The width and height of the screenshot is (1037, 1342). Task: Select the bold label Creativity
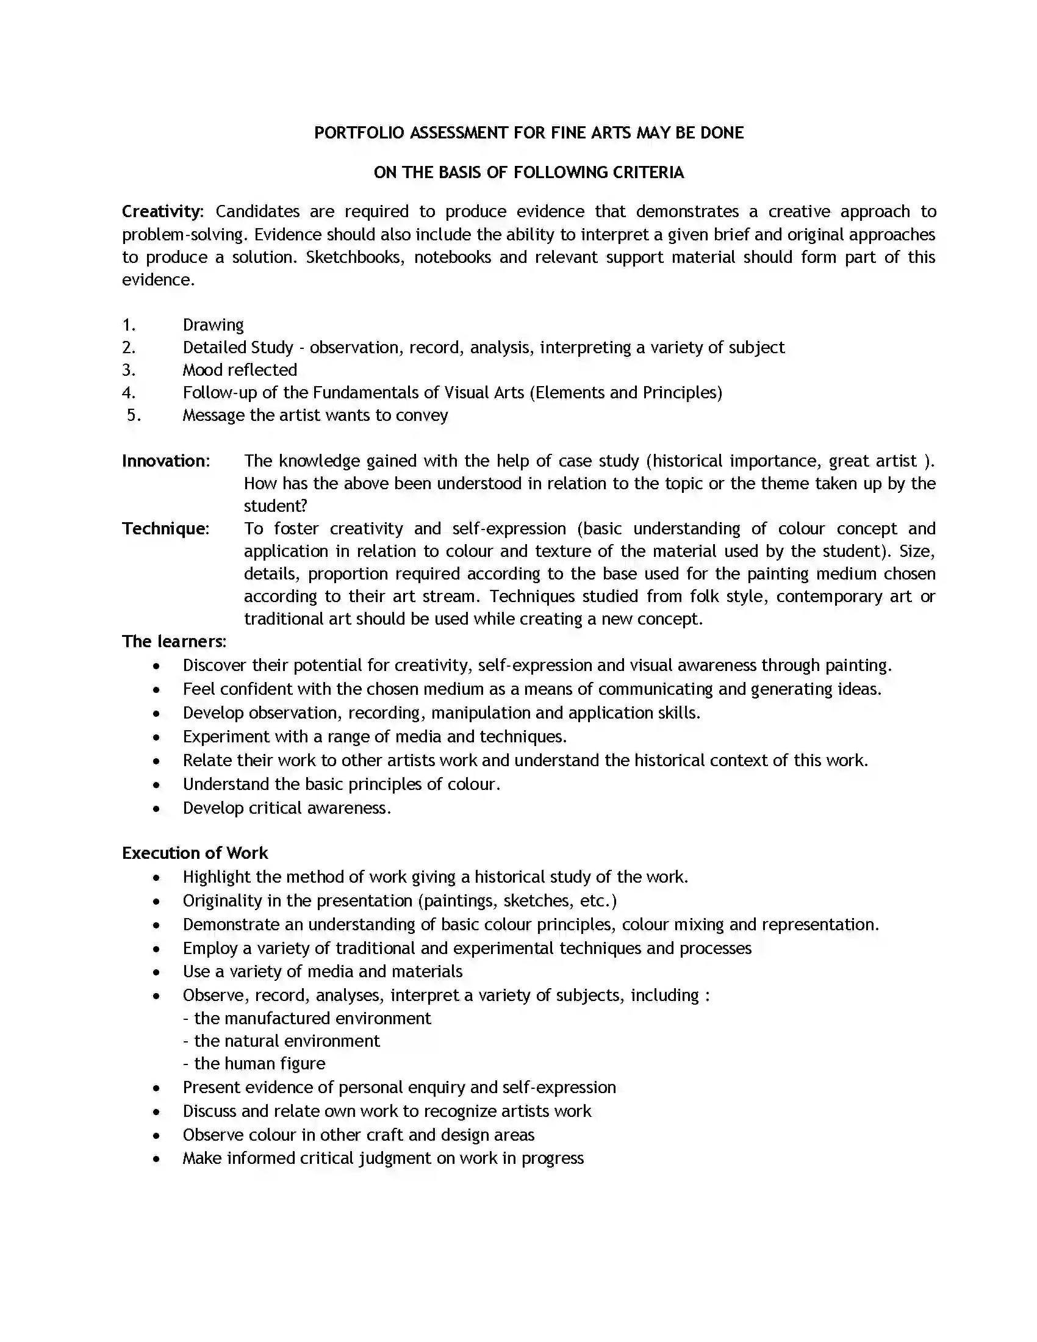161,212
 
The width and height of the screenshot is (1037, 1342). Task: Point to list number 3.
128,370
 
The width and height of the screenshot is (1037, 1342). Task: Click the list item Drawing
213,325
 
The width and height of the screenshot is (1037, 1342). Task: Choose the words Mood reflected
240,370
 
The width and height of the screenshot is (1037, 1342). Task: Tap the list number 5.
134,415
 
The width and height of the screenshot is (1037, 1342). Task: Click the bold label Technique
164,528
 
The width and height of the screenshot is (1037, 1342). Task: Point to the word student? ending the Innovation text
275,506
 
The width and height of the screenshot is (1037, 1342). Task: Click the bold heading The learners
173,642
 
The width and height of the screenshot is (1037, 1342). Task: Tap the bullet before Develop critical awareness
157,809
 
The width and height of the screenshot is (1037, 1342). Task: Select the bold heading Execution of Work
195,853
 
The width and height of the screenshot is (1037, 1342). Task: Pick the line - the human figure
254,1064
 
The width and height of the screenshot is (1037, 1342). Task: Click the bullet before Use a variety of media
157,973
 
